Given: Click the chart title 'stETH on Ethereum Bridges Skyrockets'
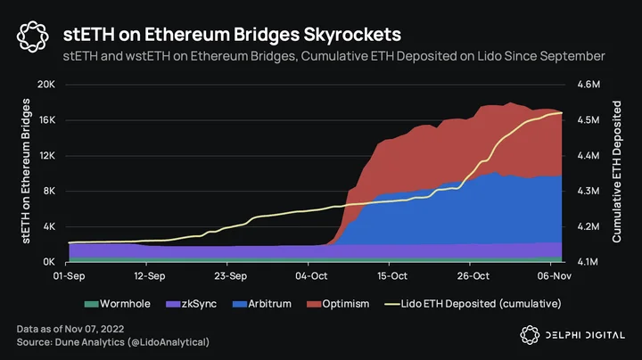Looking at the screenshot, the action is pos(232,35).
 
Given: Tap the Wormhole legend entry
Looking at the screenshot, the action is pos(118,304).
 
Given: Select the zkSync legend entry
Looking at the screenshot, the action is pos(191,304).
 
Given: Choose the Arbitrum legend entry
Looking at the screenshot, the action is pos(262,304).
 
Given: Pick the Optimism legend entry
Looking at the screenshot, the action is pos(338,304).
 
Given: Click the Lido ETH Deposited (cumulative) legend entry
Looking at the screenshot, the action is pos(473,304).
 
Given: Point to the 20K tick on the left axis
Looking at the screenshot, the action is pos(45,85).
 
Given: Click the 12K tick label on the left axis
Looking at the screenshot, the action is pos(46,155).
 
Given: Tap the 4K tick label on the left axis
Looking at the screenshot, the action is pos(48,226).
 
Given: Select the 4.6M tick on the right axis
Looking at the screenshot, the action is pos(588,85).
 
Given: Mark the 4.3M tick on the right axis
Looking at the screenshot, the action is pos(588,191).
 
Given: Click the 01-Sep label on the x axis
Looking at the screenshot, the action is pos(69,276).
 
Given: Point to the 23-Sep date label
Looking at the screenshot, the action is pos(231,276).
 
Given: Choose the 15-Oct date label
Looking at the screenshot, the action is pos(392,276).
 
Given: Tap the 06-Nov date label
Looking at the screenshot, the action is pos(555,276).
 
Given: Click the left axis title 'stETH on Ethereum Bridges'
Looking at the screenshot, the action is pos(26,171).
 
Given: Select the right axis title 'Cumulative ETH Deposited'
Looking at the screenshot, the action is pos(616,171).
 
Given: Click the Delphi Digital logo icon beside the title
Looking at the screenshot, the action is pos(33,37).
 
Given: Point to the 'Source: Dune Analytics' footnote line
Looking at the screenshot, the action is pos(113,342).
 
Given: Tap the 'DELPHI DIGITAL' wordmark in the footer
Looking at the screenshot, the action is pos(585,335).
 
